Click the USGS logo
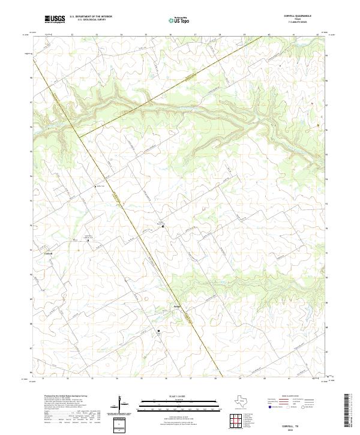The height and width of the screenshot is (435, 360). click(x=55, y=20)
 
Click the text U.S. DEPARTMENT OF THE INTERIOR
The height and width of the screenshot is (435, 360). click(x=91, y=17)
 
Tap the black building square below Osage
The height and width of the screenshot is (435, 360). click(x=158, y=331)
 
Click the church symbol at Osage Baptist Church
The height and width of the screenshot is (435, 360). click(x=161, y=226)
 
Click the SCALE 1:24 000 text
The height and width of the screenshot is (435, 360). click(x=171, y=396)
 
